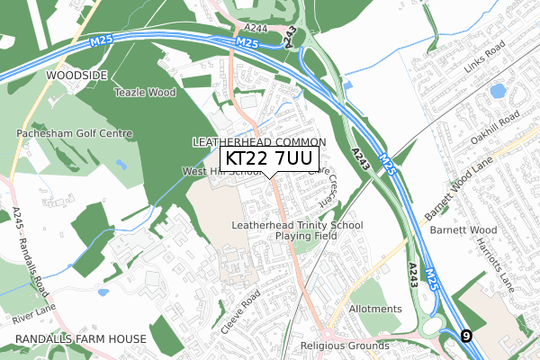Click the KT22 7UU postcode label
pos(271,159)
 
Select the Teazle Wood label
pos(143,92)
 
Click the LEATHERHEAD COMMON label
pos(258,143)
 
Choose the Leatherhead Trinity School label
pos(297,225)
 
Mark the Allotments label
pos(374,309)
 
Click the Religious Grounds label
pos(346,345)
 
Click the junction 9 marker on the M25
pos(465,336)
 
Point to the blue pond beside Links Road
pos(496,91)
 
